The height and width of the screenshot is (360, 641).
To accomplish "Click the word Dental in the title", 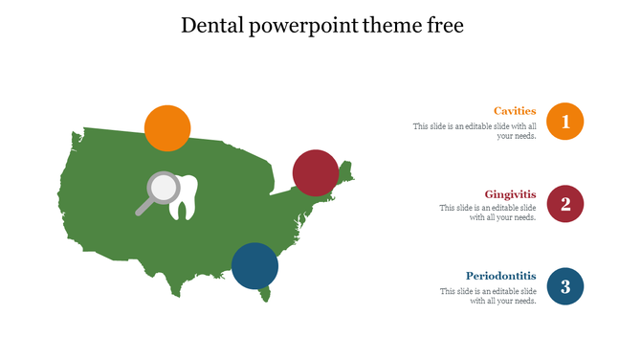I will [210, 26].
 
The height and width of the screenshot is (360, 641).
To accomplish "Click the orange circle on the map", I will [167, 127].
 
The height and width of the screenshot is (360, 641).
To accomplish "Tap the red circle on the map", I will [316, 172].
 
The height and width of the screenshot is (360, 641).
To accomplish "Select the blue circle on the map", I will [255, 265].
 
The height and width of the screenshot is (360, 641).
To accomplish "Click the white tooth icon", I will [184, 196].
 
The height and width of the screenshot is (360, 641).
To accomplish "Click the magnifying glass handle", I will [144, 207].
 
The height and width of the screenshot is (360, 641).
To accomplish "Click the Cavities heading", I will [515, 111].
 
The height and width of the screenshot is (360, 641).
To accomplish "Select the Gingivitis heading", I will [510, 194].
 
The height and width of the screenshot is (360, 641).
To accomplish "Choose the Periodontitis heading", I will [501, 276].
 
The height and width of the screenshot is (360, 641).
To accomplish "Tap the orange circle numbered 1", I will [565, 122].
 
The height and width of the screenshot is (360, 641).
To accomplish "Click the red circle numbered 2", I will [565, 204].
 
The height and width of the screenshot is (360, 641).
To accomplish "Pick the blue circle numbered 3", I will [565, 286].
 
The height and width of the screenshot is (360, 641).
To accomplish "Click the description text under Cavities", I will [475, 131].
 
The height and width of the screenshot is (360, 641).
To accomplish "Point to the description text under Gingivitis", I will [488, 213].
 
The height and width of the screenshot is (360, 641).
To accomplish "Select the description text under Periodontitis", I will [488, 296].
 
